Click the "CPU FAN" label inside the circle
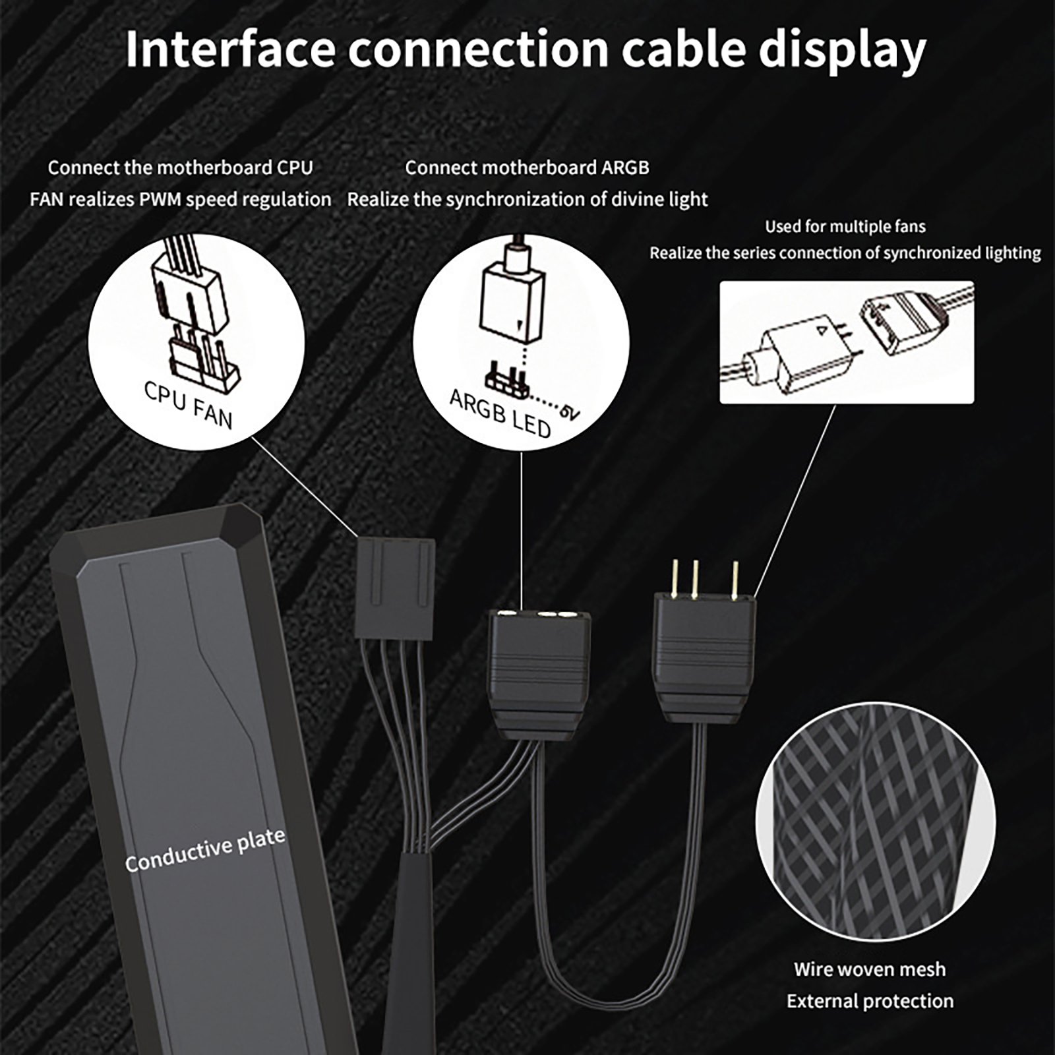tap(189, 405)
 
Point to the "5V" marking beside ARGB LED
tap(570, 411)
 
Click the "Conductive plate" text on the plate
tap(205, 851)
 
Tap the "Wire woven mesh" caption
tap(870, 969)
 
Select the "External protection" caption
tap(870, 1001)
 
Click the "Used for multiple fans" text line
tap(845, 227)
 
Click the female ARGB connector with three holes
tap(539, 666)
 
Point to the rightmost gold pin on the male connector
tap(735, 580)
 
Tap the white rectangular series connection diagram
tap(847, 342)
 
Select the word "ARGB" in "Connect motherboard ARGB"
tap(624, 168)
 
